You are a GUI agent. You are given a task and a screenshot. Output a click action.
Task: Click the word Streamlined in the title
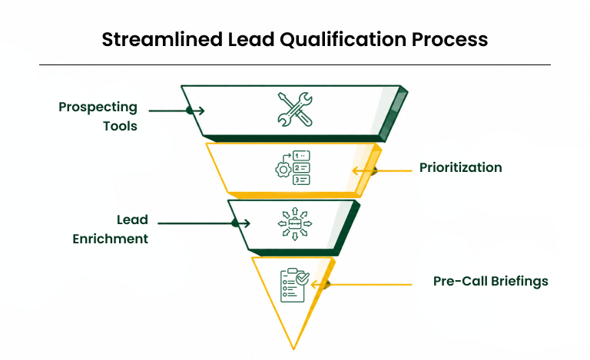click(x=162, y=39)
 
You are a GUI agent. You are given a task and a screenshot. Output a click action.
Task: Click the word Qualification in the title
click(x=343, y=40)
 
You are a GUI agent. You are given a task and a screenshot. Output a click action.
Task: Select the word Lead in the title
click(x=251, y=39)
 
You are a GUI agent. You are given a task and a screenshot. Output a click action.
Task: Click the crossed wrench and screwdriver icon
click(x=295, y=109)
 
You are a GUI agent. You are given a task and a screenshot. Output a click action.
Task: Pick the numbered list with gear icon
click(x=293, y=167)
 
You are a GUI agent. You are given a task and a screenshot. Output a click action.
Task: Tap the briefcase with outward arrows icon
click(x=295, y=223)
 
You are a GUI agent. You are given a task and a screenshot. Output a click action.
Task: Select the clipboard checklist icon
click(x=295, y=285)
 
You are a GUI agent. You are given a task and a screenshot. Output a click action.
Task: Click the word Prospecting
click(x=98, y=107)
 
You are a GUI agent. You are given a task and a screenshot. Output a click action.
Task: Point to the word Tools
click(x=120, y=126)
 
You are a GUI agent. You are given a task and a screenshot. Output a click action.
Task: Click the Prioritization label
click(x=461, y=167)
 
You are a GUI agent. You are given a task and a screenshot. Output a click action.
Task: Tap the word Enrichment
click(x=111, y=239)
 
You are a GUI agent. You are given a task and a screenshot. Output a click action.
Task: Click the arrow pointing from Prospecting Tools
click(x=177, y=111)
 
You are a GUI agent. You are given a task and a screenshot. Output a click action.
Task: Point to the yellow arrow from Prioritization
click(x=382, y=170)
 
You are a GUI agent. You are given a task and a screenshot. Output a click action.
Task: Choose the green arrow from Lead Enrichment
click(x=204, y=223)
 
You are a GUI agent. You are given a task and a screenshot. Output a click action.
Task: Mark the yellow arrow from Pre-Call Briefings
click(x=362, y=285)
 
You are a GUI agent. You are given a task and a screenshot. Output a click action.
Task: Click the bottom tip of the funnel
click(x=293, y=349)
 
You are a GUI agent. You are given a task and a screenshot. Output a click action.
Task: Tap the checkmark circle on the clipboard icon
click(x=303, y=278)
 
